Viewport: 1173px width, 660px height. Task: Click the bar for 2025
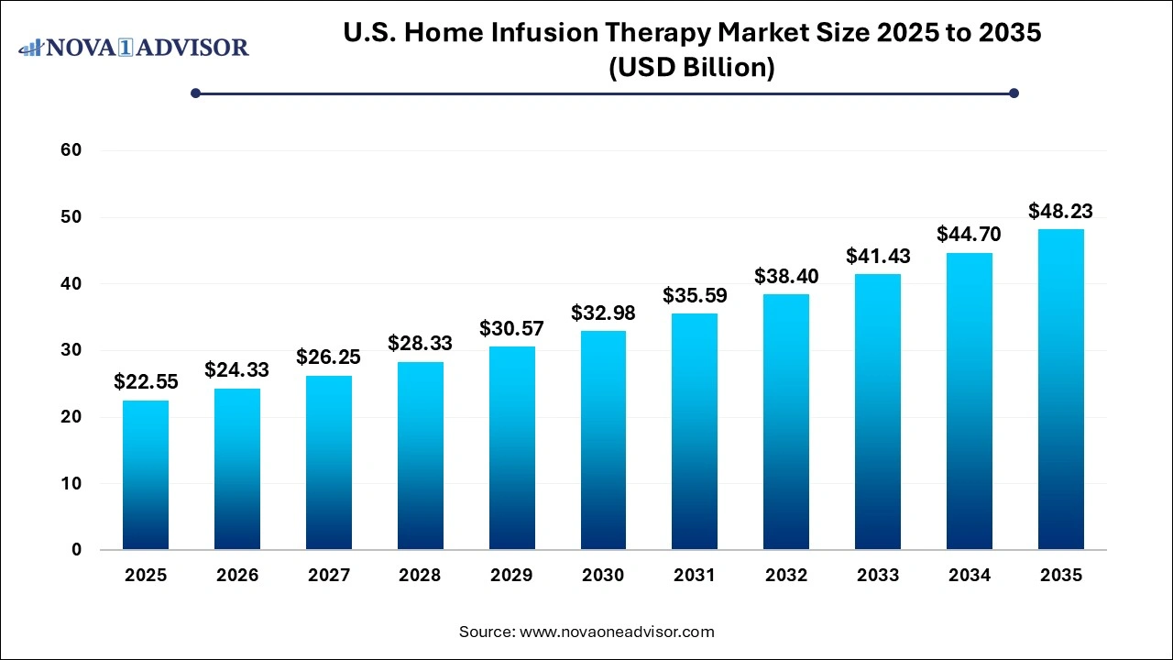coord(146,475)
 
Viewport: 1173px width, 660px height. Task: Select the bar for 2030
coord(603,440)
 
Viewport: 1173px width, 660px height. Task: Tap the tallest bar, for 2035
coord(1061,390)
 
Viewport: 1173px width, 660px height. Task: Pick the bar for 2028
coord(421,456)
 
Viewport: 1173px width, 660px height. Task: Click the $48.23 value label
coord(1061,212)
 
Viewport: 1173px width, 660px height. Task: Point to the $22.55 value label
coord(146,382)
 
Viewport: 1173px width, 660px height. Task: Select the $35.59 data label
coord(695,296)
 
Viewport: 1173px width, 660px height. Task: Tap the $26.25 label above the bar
coord(329,357)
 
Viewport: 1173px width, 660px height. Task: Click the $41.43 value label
coord(878,257)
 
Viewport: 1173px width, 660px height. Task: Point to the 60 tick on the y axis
coord(71,150)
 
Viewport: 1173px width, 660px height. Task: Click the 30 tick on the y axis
coord(71,350)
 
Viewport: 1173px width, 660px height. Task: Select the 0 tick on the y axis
coord(76,550)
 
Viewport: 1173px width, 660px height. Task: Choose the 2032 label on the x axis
coord(786,576)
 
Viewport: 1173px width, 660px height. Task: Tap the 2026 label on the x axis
coord(237,576)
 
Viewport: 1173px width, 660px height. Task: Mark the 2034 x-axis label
coord(970,576)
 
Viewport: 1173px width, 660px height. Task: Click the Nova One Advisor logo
coord(134,47)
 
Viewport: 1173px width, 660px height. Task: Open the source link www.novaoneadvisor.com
coord(617,632)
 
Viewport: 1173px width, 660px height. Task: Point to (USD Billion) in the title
coord(693,68)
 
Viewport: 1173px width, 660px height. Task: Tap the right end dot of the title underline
coord(1014,93)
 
